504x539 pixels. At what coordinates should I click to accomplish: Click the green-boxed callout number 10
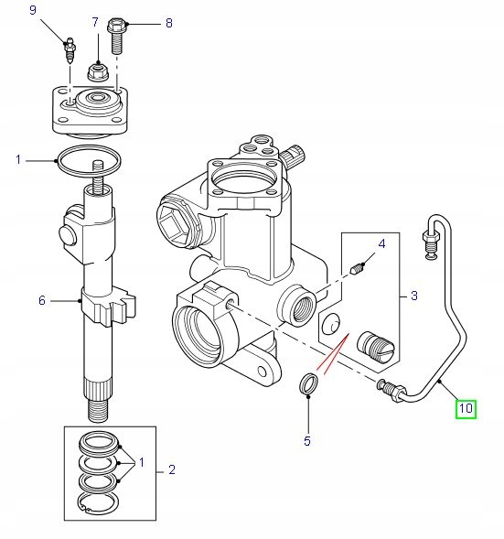[466, 409]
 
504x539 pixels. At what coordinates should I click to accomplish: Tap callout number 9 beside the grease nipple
[33, 10]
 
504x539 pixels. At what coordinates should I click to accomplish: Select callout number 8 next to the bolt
[169, 23]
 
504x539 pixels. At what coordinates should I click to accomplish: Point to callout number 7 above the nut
[95, 22]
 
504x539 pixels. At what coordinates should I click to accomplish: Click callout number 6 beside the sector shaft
[42, 300]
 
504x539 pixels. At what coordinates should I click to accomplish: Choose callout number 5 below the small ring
[307, 441]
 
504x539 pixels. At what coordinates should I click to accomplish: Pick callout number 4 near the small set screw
[381, 244]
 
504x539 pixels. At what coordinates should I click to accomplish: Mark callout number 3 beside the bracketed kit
[414, 296]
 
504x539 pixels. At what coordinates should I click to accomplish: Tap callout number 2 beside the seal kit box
[172, 469]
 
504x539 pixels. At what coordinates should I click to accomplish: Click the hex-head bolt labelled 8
[117, 36]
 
